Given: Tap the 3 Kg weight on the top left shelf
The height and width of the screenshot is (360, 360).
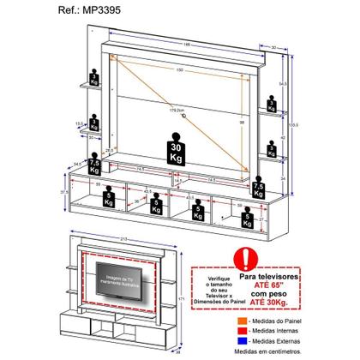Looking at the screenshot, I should point(92,71).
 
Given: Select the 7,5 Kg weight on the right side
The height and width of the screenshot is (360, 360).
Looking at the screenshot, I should point(258,185).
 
